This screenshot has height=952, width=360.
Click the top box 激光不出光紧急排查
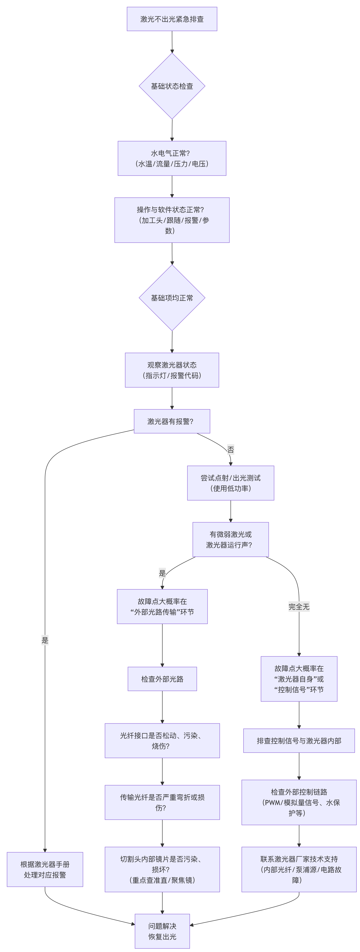[172, 19]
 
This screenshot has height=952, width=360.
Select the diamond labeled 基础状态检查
[172, 86]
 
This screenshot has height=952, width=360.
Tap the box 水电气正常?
[172, 158]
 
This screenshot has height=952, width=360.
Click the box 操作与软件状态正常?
[172, 220]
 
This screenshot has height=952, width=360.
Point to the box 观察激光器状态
[172, 370]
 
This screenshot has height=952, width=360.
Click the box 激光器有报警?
[172, 421]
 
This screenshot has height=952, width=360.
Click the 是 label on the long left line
[45, 640]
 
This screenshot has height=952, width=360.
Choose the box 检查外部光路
[162, 679]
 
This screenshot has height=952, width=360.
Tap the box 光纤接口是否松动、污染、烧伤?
[162, 741]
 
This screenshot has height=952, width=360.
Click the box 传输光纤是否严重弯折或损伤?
[162, 802]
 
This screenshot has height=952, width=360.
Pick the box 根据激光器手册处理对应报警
[45, 869]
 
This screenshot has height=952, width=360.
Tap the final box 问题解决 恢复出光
[162, 931]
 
